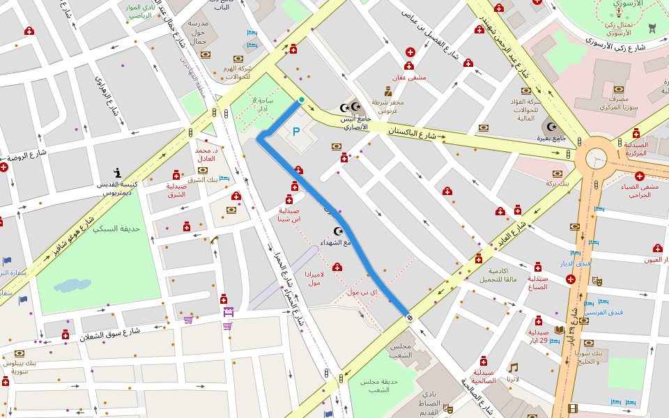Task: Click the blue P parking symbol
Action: [296, 131]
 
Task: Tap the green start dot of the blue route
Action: [301, 100]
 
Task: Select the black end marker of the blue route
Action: [409, 318]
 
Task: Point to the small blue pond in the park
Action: [72, 286]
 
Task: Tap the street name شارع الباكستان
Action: [411, 133]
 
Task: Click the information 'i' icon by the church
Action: [118, 173]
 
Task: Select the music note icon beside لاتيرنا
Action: [513, 367]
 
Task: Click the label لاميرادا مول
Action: [314, 279]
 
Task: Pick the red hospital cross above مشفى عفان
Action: [410, 52]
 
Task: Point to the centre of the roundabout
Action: [597, 158]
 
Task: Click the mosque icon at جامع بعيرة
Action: [552, 127]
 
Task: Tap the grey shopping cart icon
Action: [188, 320]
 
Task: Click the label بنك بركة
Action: [557, 183]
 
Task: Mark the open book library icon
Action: [559, 330]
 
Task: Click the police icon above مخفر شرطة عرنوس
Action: [388, 91]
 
